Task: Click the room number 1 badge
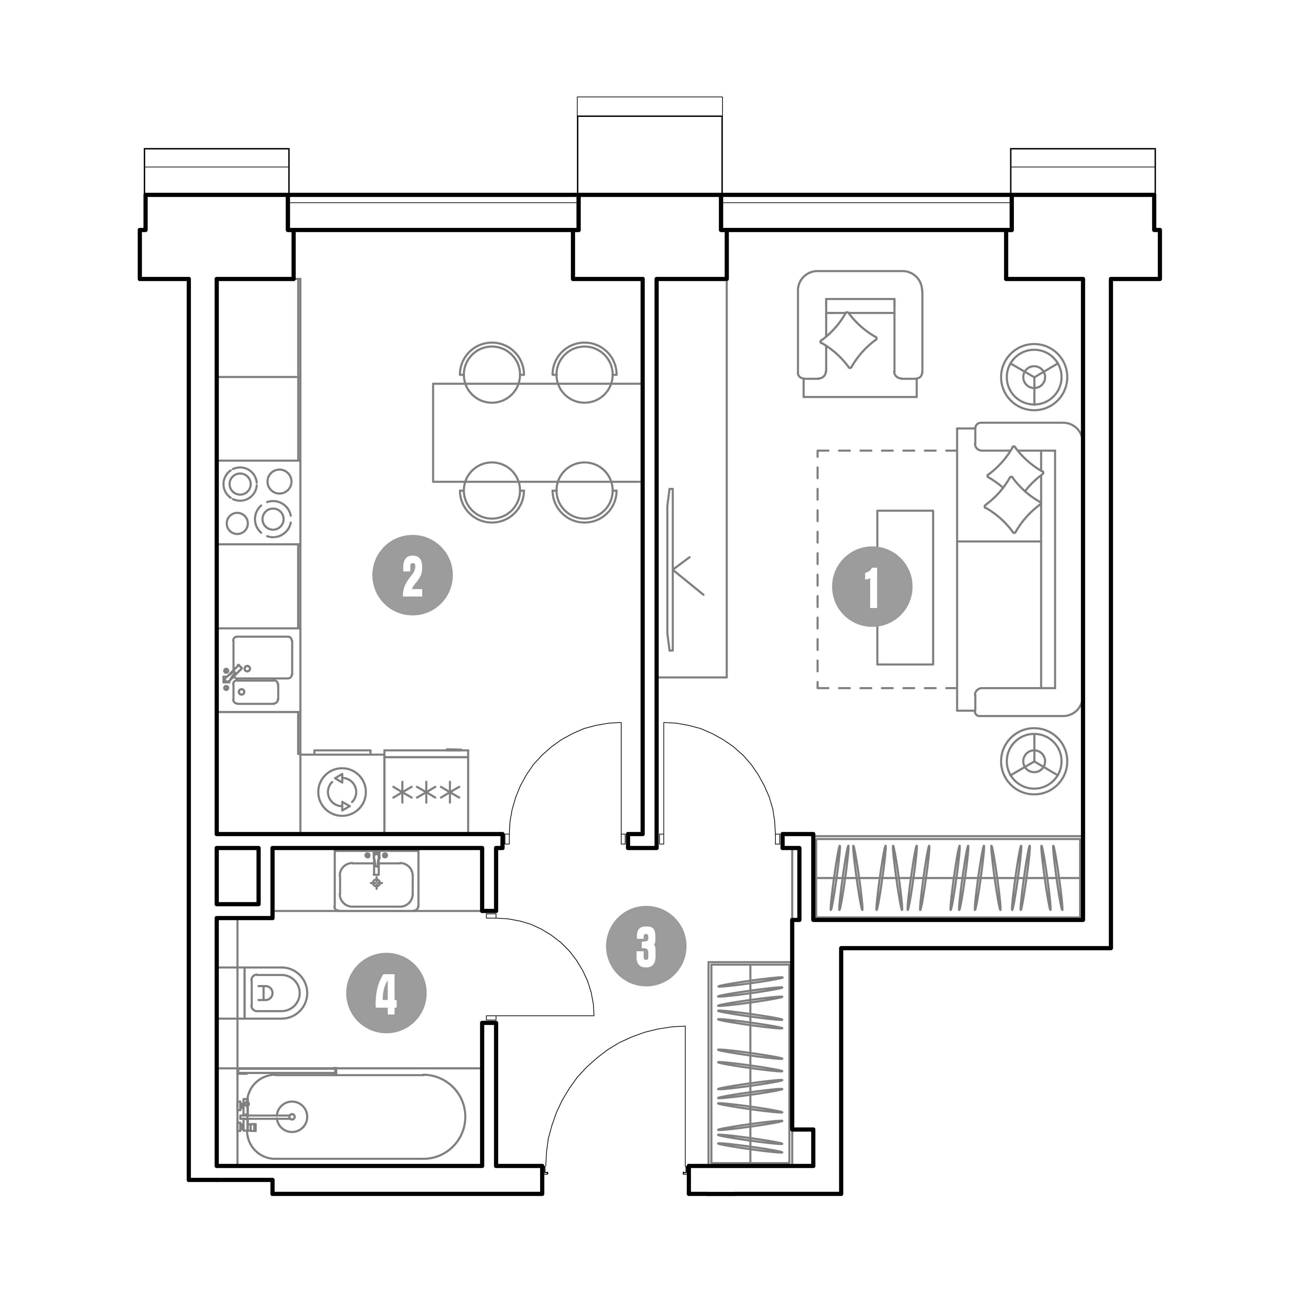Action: tap(872, 587)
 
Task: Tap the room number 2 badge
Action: tap(413, 575)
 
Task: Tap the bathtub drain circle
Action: tap(292, 1117)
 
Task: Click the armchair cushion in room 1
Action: tap(849, 340)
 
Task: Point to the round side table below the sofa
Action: tap(1034, 761)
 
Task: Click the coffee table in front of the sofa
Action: tap(905, 587)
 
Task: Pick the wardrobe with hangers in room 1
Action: tap(948, 876)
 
